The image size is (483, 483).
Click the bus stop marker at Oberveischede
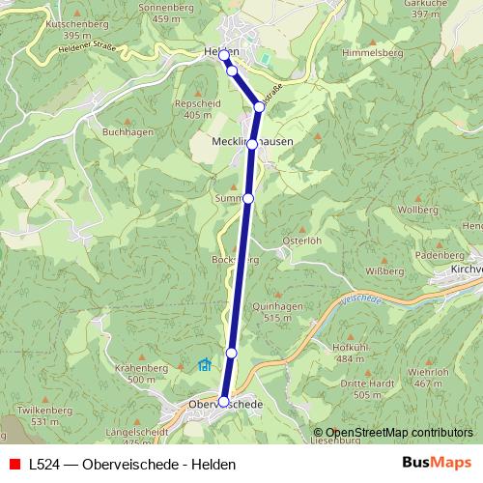[224, 401]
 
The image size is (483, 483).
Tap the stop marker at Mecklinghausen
[252, 144]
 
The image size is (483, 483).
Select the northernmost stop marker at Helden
[224, 55]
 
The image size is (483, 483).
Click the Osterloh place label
[300, 241]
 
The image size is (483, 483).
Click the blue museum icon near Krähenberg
[204, 365]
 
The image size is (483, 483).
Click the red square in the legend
[14, 464]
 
